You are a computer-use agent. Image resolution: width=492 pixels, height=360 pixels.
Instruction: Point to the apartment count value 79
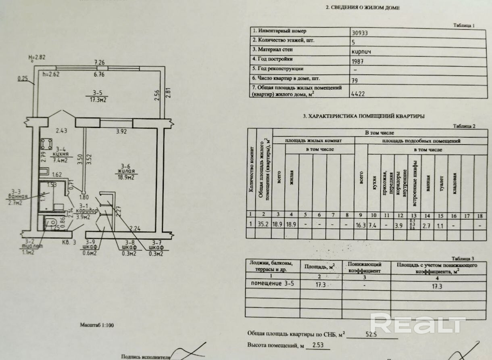[355, 81]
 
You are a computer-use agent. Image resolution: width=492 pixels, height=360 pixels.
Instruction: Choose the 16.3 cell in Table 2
[361, 226]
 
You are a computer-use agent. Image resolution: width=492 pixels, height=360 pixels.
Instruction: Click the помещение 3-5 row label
[270, 283]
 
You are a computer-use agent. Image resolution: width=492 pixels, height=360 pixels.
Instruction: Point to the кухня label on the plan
[60, 155]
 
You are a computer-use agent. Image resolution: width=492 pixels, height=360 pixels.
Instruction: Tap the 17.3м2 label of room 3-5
[98, 99]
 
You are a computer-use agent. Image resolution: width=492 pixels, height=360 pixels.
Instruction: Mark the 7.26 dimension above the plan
[99, 63]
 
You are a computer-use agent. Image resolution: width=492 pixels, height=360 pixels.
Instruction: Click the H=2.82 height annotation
[37, 57]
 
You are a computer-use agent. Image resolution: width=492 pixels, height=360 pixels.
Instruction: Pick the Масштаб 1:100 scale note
[97, 324]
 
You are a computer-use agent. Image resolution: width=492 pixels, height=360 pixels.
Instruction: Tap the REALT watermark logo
[418, 323]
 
